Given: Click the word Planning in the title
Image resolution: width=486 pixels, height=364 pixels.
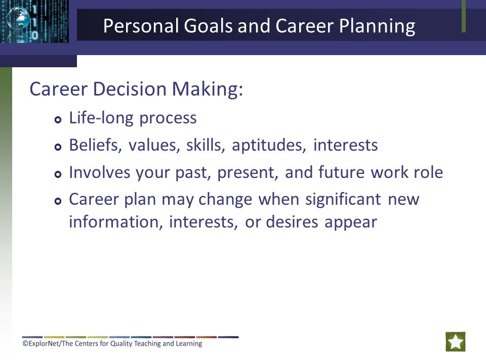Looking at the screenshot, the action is tap(377, 26).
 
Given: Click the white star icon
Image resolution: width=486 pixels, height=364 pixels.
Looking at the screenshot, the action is tap(456, 342).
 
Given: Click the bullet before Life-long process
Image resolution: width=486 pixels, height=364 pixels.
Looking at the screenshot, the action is tap(58, 119).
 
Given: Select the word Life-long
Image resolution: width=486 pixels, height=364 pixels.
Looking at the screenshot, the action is tap(101, 118).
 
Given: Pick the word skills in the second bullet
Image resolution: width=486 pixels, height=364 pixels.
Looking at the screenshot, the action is tap(206, 145).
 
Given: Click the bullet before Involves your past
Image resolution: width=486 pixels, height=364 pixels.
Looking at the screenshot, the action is tap(58, 174).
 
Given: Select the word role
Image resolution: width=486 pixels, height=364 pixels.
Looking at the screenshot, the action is tap(428, 172).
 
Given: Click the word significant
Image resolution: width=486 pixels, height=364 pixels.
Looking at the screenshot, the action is tap(343, 200).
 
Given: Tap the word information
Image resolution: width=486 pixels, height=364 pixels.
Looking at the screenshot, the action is tap(116, 222).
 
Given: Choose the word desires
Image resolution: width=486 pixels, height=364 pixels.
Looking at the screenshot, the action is tap(292, 222).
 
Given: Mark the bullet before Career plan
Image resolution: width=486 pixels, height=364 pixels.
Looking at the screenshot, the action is tap(58, 201).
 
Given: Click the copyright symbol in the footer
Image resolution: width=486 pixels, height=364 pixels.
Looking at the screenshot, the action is tap(25, 343).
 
